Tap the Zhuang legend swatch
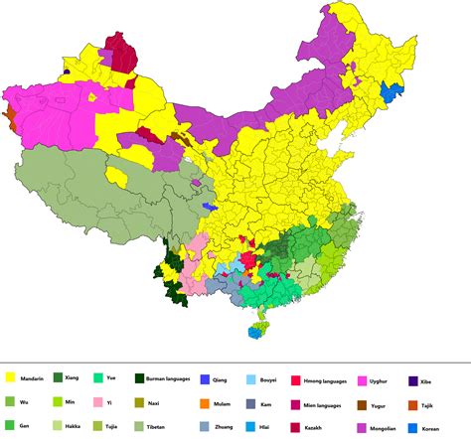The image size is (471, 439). pyautogui.click(x=204, y=425)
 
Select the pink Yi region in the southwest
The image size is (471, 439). pyautogui.click(x=196, y=256)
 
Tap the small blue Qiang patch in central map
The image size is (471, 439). pyautogui.click(x=208, y=207)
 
